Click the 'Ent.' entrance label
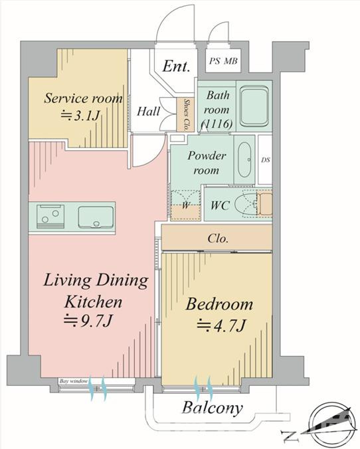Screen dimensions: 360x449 [x=176, y=66]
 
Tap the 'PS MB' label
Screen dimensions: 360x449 [x=223, y=61]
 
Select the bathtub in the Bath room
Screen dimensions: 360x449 [x=254, y=106]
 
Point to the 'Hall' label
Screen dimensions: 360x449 [x=148, y=111]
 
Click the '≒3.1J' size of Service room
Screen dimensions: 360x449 [x=80, y=116]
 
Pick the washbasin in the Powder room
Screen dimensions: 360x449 [x=244, y=160]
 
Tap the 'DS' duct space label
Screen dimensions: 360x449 [x=266, y=160]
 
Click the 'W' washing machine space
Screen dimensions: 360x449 [x=185, y=205]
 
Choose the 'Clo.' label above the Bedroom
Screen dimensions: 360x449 [x=219, y=238]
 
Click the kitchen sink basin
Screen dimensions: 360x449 [x=96, y=217]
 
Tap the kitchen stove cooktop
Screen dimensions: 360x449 [x=50, y=217]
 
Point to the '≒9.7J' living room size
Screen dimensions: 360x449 [x=88, y=321]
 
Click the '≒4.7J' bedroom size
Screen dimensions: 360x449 [x=221, y=325]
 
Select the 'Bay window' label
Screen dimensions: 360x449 [x=73, y=381]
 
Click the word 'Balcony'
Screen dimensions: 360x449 [x=213, y=408]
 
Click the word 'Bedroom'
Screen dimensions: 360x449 [x=219, y=304]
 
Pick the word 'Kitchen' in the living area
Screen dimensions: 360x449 [x=93, y=302]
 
